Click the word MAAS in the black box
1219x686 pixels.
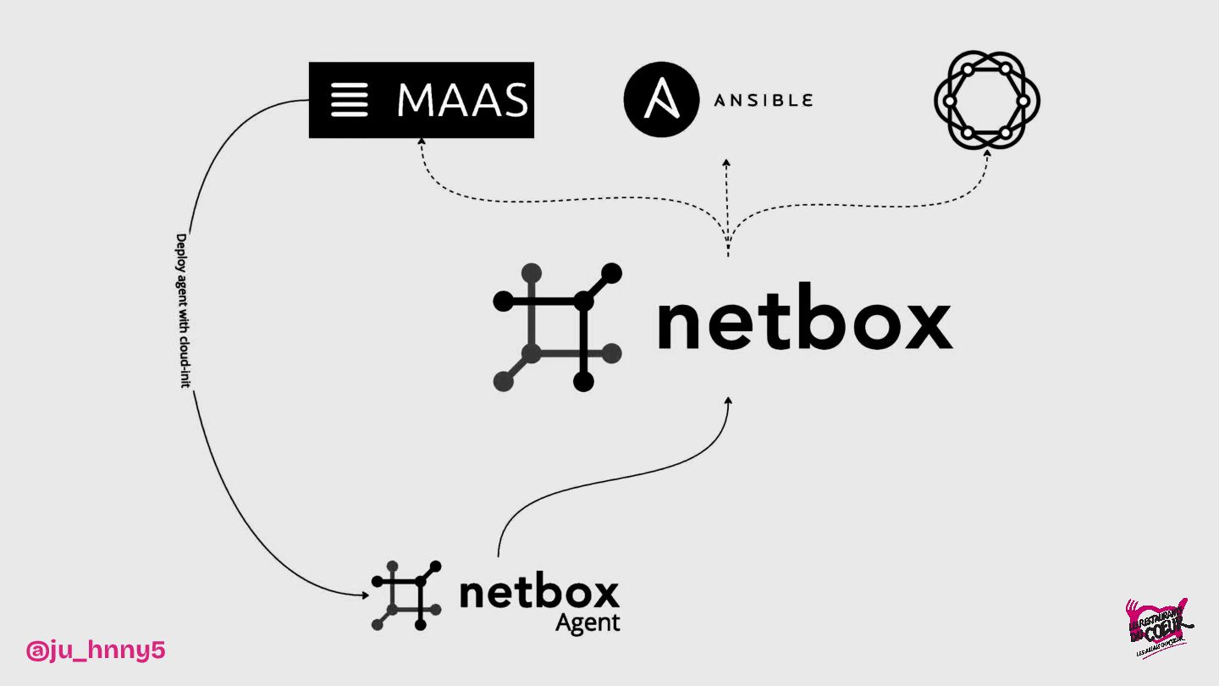(x=462, y=100)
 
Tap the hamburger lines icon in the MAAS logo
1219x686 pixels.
(x=349, y=100)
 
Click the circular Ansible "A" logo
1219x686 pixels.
(x=661, y=100)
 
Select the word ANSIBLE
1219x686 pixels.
(x=763, y=101)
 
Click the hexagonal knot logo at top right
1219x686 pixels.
(x=986, y=101)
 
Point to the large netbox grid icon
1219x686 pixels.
(x=557, y=327)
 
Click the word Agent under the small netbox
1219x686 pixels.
(x=587, y=623)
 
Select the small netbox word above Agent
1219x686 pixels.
(x=539, y=593)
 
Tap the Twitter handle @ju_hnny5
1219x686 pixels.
(x=96, y=650)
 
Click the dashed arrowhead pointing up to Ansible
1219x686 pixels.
(x=726, y=162)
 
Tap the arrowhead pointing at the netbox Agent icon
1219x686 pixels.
(x=364, y=595)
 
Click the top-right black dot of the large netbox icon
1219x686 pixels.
(x=611, y=274)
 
